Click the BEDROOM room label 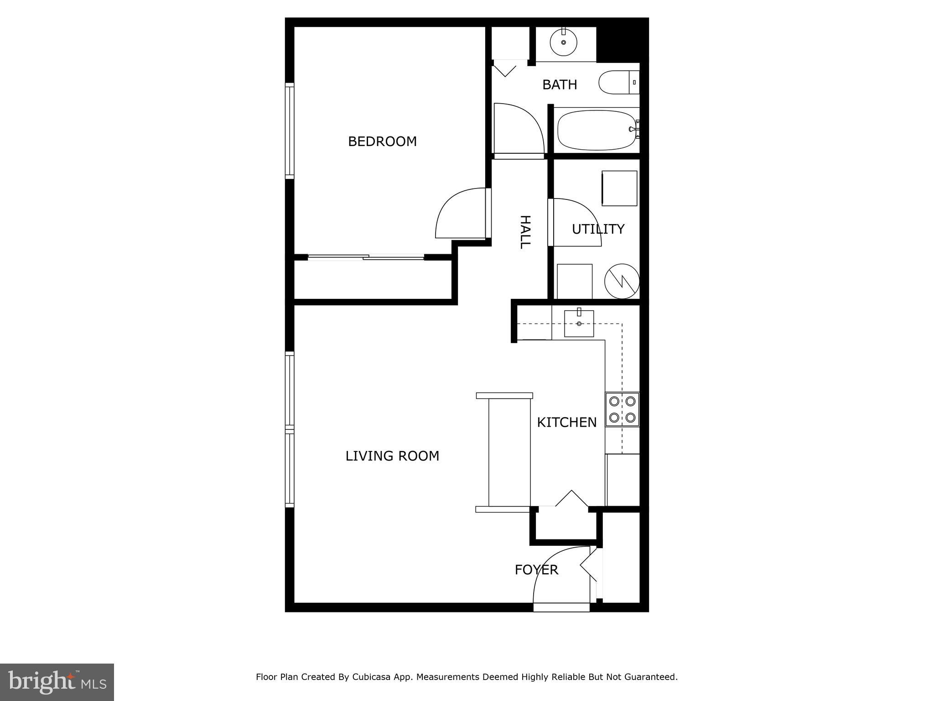(382, 141)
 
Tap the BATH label (560, 85)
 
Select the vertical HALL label (525, 232)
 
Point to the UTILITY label (598, 229)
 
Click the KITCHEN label (566, 423)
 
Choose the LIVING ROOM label (392, 456)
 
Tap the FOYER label (536, 570)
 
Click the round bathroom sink (564, 42)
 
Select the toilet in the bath (618, 83)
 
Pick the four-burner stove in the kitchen (622, 409)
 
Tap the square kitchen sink (579, 324)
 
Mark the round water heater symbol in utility (622, 281)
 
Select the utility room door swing (576, 222)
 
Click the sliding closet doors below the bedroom (366, 258)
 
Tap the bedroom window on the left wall (290, 131)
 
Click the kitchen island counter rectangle (509, 452)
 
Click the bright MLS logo (57, 682)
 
